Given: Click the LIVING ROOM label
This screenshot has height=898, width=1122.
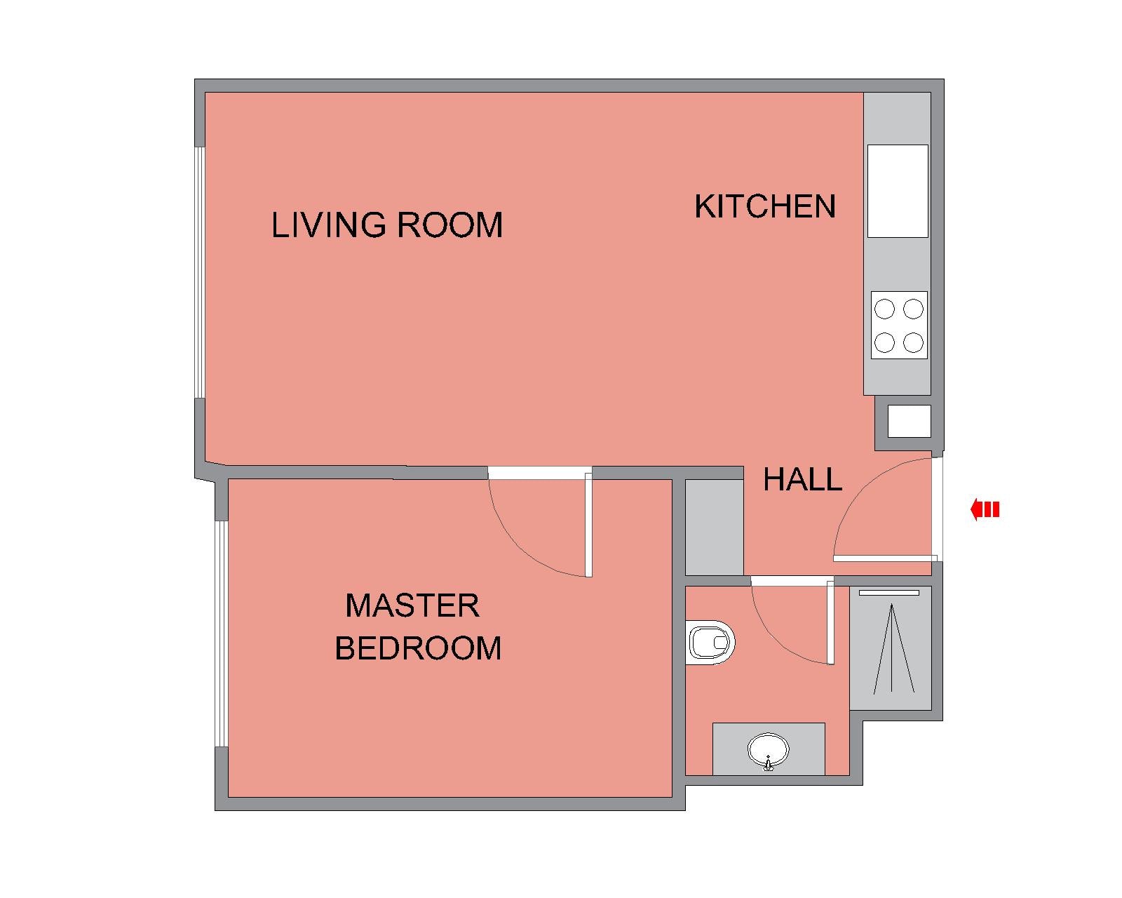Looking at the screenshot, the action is [387, 225].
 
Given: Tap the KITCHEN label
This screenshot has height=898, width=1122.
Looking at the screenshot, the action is [765, 206].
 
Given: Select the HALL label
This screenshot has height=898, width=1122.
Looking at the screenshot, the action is [802, 480].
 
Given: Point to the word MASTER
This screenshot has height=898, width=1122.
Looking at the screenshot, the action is [412, 605].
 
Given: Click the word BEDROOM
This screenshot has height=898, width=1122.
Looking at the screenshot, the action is [418, 648].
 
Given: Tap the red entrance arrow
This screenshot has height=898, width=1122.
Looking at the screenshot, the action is [985, 509].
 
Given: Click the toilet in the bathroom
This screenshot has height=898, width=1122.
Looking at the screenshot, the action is [710, 642].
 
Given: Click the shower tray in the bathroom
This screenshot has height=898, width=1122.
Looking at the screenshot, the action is [891, 648].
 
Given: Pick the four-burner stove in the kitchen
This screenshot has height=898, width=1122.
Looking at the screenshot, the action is [899, 325].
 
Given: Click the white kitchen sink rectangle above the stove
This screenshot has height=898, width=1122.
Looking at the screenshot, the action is [898, 191].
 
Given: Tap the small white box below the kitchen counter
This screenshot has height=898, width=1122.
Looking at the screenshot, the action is [910, 421].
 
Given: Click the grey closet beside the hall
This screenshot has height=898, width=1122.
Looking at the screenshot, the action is [715, 527].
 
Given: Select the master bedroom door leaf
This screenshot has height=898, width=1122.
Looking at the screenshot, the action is [588, 525].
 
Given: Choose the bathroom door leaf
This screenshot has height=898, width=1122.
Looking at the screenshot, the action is [830, 620].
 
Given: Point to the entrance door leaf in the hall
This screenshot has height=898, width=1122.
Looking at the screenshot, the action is [885, 558].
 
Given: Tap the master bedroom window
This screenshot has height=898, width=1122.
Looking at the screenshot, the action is [221, 634].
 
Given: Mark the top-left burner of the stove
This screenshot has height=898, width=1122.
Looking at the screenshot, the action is [885, 309].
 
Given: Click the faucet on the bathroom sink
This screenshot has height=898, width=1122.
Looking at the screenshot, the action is [768, 763].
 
